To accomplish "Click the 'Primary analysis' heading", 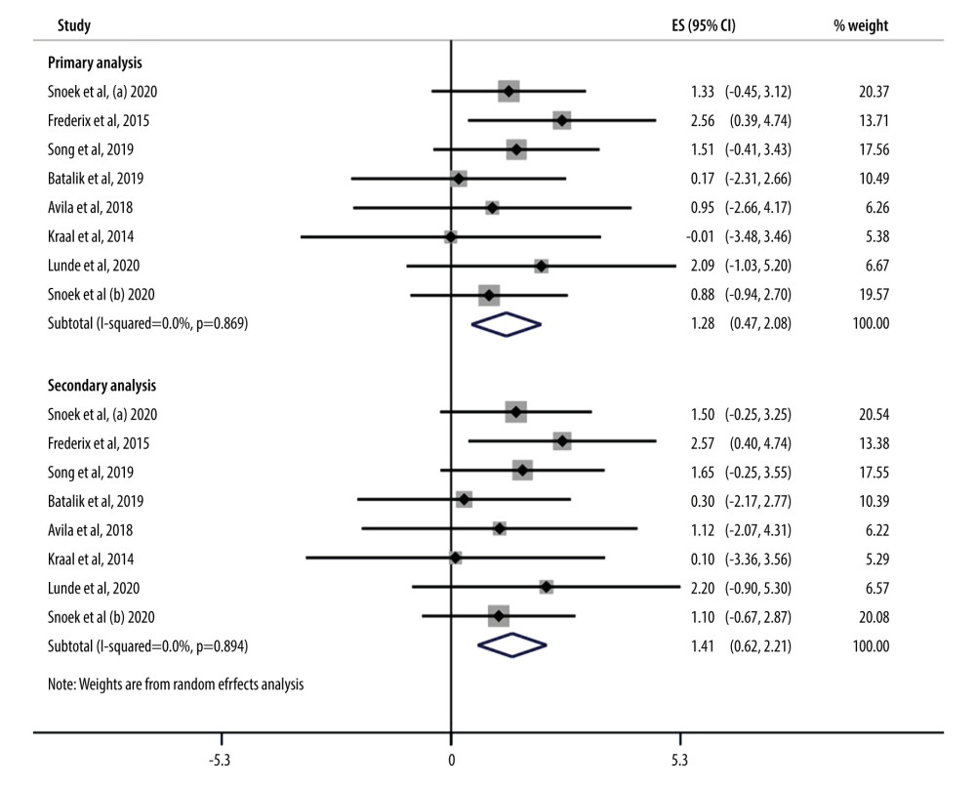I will pos(95,62).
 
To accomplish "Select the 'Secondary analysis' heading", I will pos(102,385).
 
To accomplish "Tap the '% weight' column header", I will pos(860,25).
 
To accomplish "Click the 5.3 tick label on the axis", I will pos(679,760).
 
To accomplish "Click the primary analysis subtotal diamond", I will pos(506,324).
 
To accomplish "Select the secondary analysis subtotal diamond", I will pos(512,645).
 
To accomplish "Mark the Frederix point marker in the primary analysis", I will pos(561,120).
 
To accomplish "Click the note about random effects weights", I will pos(176,684).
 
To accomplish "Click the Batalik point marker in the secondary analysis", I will pos(464,500).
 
